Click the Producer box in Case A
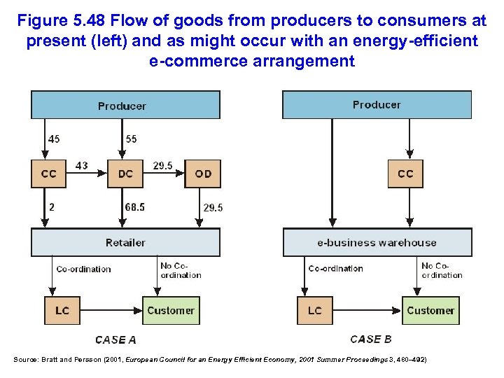[125, 105]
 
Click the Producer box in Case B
[377, 104]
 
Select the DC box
[125, 174]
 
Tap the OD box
[202, 174]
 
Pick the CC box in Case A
[49, 174]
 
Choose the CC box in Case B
[405, 174]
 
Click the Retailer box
[125, 242]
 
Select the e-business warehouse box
[377, 242]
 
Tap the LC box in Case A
[62, 310]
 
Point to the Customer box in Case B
[430, 310]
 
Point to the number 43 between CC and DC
[82, 165]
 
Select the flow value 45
[54, 139]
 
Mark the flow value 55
[132, 139]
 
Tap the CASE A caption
[115, 340]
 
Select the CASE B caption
[370, 339]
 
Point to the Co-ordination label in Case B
[335, 268]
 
